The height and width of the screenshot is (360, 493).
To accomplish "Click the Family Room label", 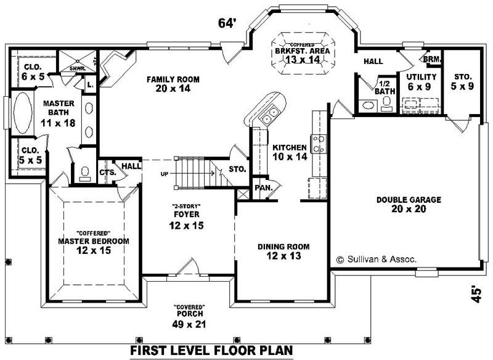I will [x=168, y=84].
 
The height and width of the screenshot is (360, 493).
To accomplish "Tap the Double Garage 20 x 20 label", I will [x=401, y=204].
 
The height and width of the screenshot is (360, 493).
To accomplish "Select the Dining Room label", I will [x=283, y=251].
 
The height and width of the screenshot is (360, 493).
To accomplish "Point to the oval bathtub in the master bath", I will [x=22, y=112].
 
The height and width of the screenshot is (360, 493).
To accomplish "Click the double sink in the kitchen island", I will [x=269, y=115].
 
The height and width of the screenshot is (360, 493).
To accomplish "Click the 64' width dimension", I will [x=227, y=23].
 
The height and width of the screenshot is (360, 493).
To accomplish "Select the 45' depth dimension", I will [x=475, y=293].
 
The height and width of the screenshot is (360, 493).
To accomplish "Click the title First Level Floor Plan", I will [x=211, y=351].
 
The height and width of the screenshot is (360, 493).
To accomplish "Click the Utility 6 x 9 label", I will [x=422, y=81].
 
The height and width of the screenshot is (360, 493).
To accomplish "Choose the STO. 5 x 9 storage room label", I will [x=462, y=81].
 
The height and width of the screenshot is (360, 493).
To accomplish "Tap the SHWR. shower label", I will [x=77, y=68].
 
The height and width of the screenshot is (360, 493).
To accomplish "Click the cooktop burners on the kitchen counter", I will [x=319, y=144].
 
